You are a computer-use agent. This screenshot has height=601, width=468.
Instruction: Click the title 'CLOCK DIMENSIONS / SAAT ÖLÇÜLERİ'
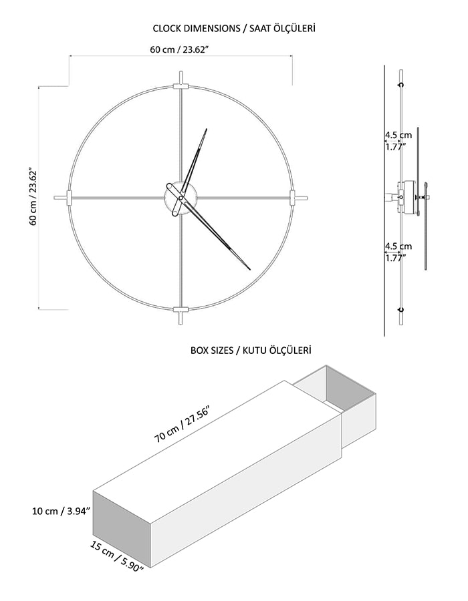234,28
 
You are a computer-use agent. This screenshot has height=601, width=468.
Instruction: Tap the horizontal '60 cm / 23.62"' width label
180,49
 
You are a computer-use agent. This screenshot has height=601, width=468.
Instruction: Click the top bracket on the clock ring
181,86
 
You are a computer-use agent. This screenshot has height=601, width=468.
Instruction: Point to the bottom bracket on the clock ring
181,309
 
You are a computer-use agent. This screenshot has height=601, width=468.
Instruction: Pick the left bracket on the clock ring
70,198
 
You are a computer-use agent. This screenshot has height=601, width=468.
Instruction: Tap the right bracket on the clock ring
292,198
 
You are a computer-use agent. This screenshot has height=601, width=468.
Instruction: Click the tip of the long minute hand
250,270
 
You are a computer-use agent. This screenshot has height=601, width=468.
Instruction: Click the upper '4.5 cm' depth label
398,135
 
